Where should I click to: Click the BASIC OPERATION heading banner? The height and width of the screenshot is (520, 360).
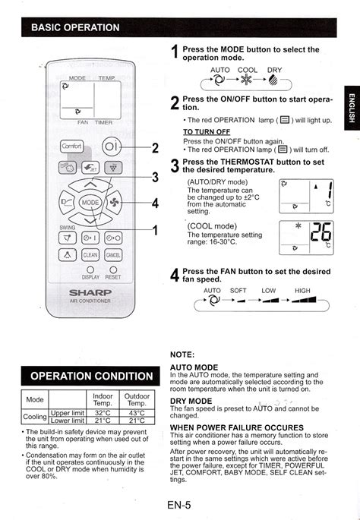pyautogui.click(x=76, y=27)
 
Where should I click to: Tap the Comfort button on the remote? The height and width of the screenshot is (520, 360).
pyautogui.click(x=71, y=146)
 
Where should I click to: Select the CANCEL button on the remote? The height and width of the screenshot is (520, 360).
pyautogui.click(x=113, y=255)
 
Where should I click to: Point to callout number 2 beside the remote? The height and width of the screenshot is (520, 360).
pyautogui.click(x=155, y=147)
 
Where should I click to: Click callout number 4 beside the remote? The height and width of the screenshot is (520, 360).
pyautogui.click(x=155, y=203)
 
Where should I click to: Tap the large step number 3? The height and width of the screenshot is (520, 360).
pyautogui.click(x=175, y=166)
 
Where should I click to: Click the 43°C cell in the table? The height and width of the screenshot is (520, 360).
pyautogui.click(x=137, y=412)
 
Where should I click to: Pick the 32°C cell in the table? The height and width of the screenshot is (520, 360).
pyautogui.click(x=103, y=412)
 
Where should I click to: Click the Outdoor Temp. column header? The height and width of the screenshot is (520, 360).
pyautogui.click(x=137, y=399)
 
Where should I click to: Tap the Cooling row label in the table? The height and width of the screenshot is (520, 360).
pyautogui.click(x=35, y=417)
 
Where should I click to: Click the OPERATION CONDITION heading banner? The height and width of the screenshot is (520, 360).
pyautogui.click(x=91, y=376)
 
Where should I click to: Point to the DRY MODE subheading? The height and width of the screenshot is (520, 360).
pyautogui.click(x=191, y=400)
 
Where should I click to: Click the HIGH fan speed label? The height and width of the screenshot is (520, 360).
pyautogui.click(x=303, y=290)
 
